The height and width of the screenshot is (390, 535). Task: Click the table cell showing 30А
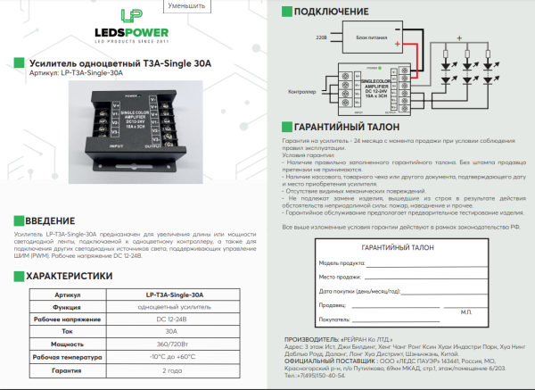pyautogui.click(x=171, y=331)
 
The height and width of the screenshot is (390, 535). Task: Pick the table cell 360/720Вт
pyautogui.click(x=171, y=344)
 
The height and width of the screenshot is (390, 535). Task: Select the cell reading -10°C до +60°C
pyautogui.click(x=171, y=356)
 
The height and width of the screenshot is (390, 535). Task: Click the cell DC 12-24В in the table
pyautogui.click(x=171, y=319)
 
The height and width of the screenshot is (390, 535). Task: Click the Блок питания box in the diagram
pyautogui.click(x=373, y=40)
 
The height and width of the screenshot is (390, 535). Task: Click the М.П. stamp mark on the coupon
pyautogui.click(x=465, y=311)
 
